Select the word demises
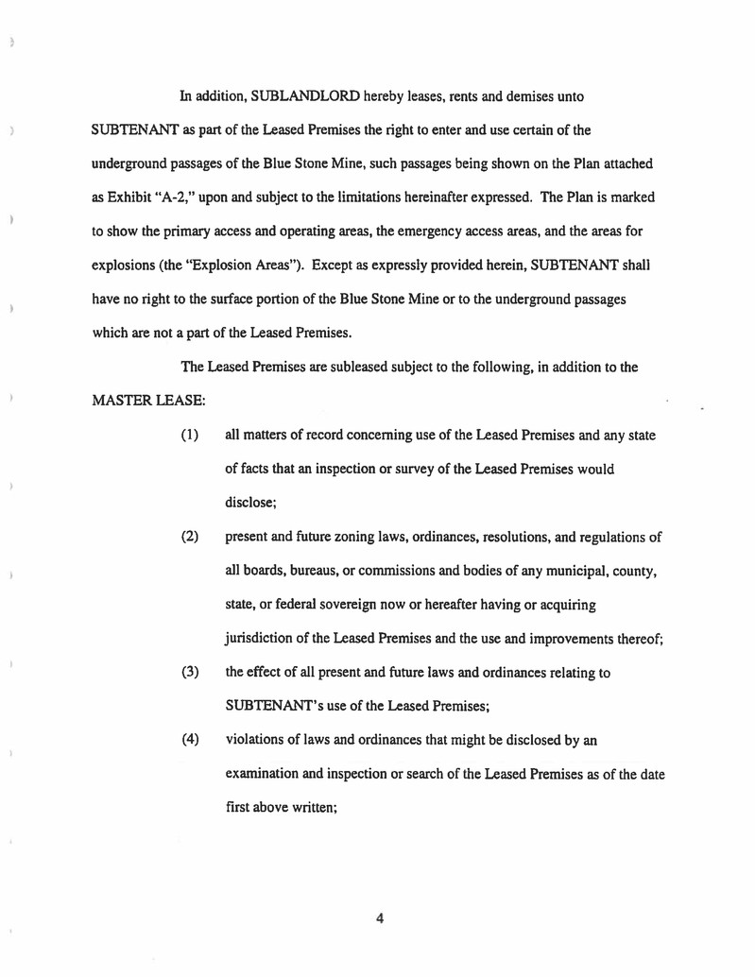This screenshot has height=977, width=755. click(534, 97)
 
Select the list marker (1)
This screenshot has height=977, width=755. click(190, 435)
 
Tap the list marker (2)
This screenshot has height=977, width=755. click(190, 538)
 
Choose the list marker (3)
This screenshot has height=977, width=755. click(190, 672)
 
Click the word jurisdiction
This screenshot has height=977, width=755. click(262, 639)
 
